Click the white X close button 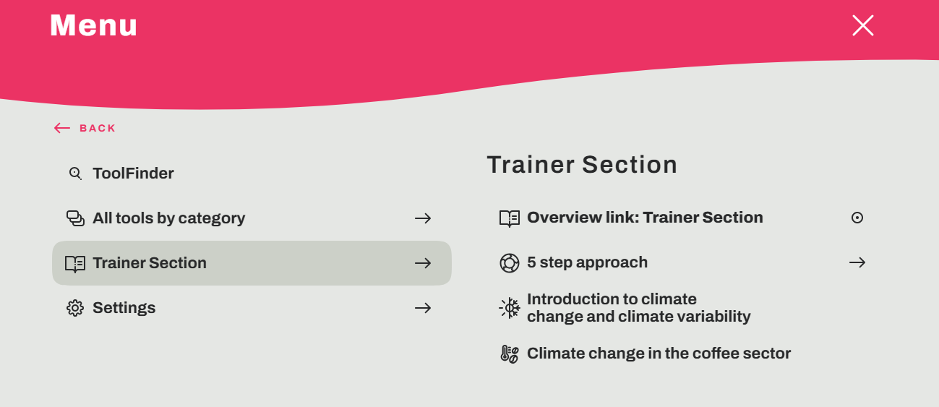pos(862,25)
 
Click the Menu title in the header pos(93,25)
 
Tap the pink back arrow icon pos(62,128)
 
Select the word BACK pos(98,128)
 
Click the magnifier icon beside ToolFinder pos(75,173)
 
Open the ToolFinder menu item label pos(133,173)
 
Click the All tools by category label pos(169,218)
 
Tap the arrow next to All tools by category pos(423,218)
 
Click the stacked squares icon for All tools pos(75,218)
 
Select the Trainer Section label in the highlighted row pos(150,263)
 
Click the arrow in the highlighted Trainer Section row pos(423,263)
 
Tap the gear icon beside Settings pos(75,308)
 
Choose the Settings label pos(124,308)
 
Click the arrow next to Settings pos(423,308)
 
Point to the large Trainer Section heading pos(582,164)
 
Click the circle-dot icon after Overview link pos(857,218)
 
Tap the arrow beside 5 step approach pos(857,263)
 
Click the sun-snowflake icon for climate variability pos(510,308)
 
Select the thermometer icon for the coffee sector pos(510,354)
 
